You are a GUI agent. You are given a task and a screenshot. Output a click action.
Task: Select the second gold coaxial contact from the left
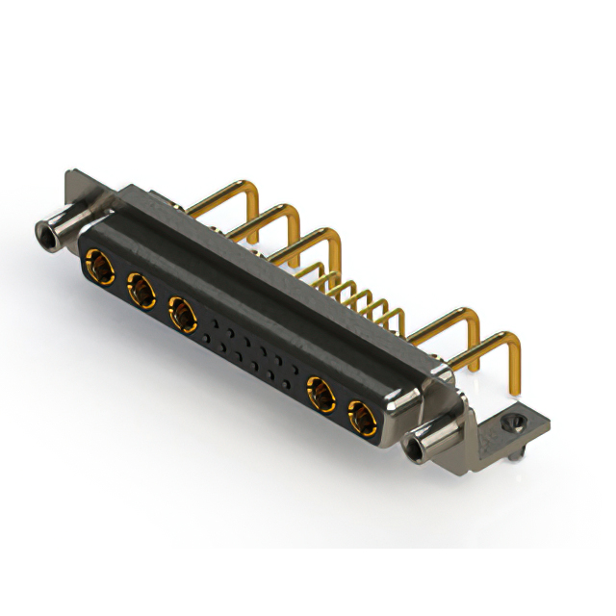tap(140, 286)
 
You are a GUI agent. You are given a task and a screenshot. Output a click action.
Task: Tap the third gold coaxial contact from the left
tap(182, 312)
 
